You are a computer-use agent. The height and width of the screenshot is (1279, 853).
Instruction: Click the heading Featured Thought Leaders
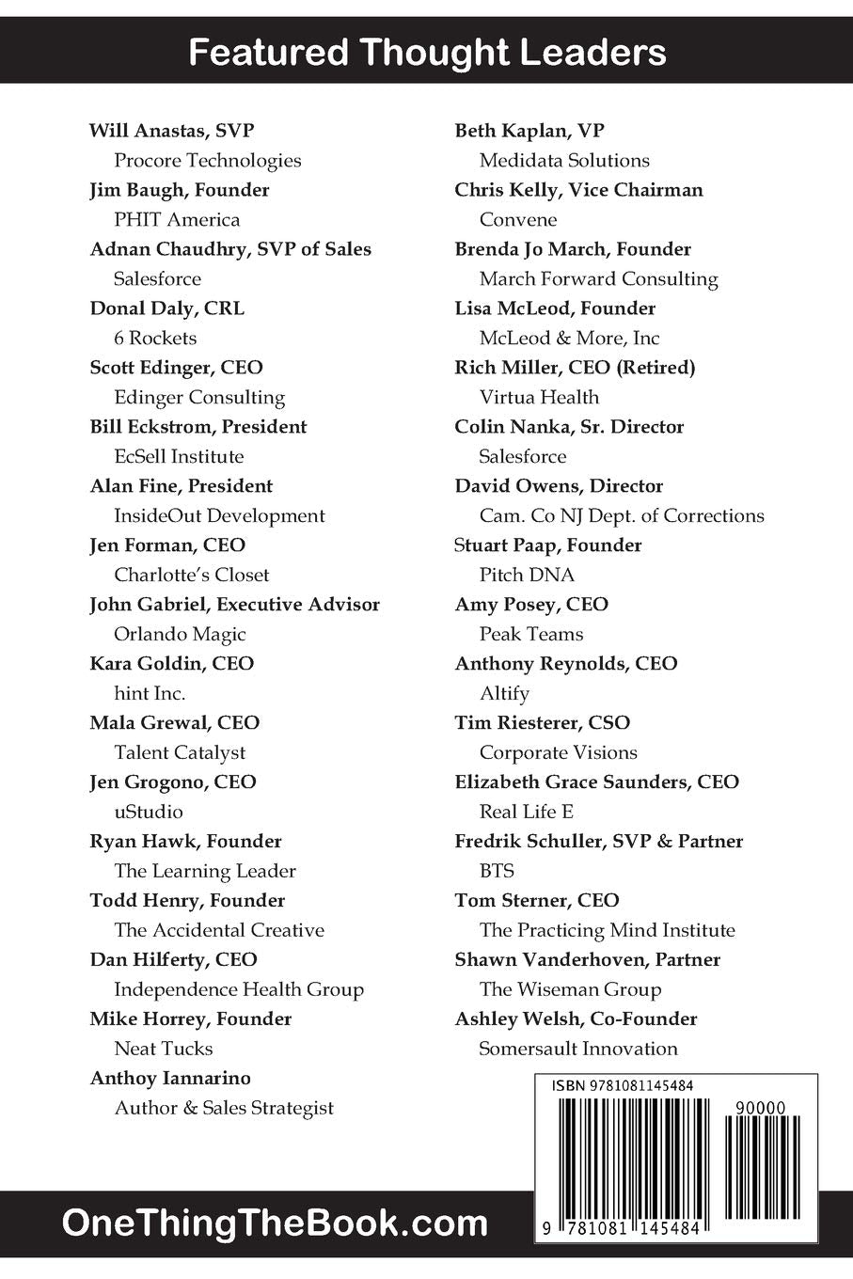point(427,52)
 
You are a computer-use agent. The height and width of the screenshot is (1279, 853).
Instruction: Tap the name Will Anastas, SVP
point(171,131)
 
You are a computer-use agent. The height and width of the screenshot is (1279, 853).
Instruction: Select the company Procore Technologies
point(207,161)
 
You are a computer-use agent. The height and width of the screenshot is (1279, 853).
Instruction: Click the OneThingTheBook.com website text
point(275,1224)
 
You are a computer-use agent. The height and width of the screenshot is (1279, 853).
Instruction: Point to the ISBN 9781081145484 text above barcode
point(623,1085)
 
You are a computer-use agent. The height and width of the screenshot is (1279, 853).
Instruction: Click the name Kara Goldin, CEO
point(171,664)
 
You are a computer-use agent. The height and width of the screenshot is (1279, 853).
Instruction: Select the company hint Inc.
point(150,694)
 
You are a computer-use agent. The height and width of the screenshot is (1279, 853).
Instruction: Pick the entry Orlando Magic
point(180,635)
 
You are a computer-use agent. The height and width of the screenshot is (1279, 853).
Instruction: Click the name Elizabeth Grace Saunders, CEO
point(596,782)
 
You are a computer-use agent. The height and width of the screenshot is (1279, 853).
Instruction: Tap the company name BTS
point(497,871)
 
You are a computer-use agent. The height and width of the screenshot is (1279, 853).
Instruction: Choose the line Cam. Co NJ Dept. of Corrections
point(621,516)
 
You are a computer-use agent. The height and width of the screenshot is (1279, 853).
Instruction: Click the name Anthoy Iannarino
point(170,1079)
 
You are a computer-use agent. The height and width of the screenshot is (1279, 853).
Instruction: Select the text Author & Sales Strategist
point(224,1109)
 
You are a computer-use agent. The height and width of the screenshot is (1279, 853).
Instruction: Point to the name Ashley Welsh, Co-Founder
point(576,1019)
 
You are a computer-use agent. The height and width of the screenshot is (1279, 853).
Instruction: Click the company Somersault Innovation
point(577,1050)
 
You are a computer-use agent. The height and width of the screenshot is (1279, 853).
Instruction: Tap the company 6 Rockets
point(155,339)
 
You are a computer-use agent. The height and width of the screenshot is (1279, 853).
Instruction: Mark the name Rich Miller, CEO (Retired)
point(575,368)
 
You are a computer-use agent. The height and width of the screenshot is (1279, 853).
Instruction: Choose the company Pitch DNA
point(527,576)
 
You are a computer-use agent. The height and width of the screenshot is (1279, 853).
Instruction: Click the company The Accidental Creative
point(219,931)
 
